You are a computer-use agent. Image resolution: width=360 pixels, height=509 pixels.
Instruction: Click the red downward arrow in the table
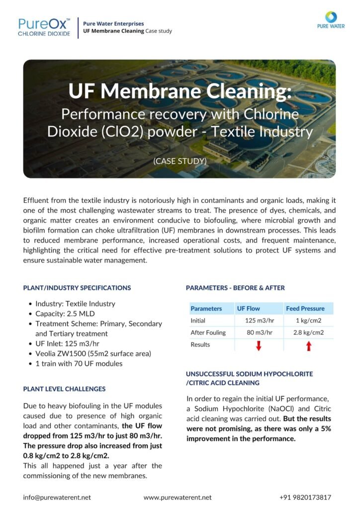pyautogui.click(x=258, y=346)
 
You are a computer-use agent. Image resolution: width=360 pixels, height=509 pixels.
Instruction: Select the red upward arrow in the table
pyautogui.click(x=308, y=346)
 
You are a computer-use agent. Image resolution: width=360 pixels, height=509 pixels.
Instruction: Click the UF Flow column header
pyautogui.click(x=248, y=308)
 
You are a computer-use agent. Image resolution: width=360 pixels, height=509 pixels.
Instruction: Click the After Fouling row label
pyautogui.click(x=208, y=333)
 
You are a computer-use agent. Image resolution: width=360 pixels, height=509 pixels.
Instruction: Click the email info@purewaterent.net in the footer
pyautogui.click(x=57, y=497)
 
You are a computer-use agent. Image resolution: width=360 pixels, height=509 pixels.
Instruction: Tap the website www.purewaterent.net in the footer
pyautogui.click(x=177, y=497)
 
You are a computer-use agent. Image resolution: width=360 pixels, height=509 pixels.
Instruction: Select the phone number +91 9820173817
pyautogui.click(x=305, y=497)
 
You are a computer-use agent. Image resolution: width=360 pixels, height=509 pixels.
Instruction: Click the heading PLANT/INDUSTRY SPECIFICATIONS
pyautogui.click(x=77, y=288)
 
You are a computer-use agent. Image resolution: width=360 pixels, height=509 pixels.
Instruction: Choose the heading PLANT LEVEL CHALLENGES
pyautogui.click(x=64, y=389)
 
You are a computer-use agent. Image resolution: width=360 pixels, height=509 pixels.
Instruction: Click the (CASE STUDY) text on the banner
pyautogui.click(x=180, y=162)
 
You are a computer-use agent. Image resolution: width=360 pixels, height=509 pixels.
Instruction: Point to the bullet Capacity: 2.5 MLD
pyautogui.click(x=65, y=314)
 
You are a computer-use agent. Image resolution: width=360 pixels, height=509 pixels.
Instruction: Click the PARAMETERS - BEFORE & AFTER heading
pyautogui.click(x=235, y=288)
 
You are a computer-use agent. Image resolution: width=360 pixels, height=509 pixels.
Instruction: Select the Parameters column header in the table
pyautogui.click(x=206, y=308)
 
